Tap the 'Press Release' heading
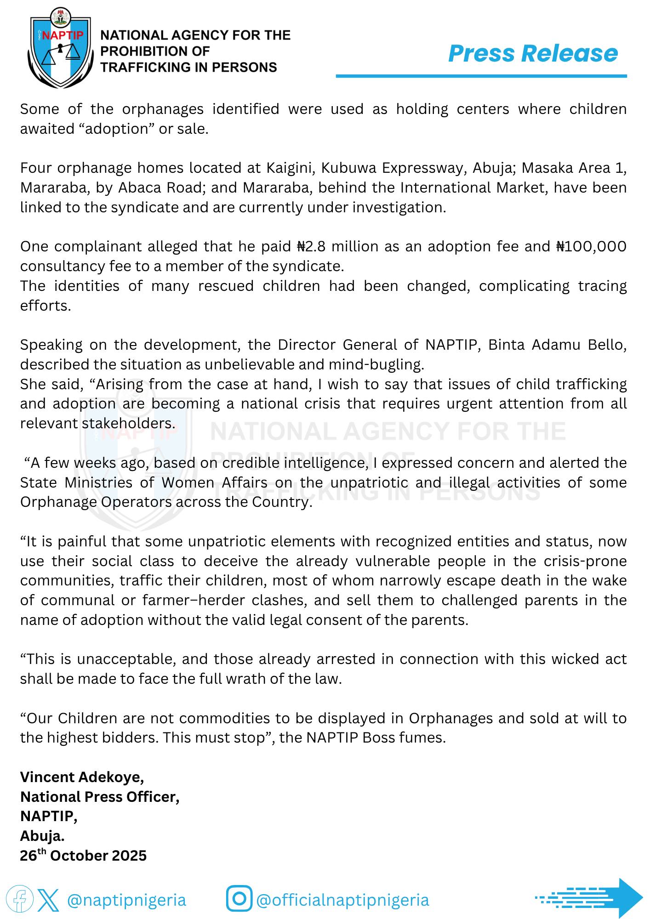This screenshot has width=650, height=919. [x=533, y=53]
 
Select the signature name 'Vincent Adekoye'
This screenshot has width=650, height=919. [x=82, y=777]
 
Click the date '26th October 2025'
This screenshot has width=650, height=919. [x=83, y=856]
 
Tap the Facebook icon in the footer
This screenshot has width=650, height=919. [x=19, y=899]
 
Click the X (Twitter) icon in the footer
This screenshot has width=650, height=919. [x=48, y=899]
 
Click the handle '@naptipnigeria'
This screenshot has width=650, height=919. [x=126, y=900]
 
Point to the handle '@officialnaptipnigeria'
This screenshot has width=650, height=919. [x=342, y=900]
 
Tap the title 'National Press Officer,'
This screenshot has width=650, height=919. [x=100, y=797]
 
